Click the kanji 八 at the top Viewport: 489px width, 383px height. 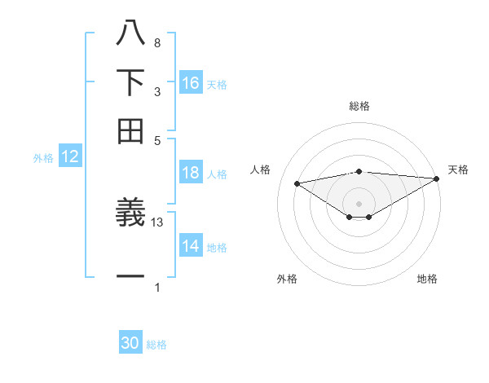point(130,35)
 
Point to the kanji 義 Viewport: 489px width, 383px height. point(130,214)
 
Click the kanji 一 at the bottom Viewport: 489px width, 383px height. point(130,277)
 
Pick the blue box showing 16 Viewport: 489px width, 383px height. point(191,83)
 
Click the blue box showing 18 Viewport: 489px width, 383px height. point(191,173)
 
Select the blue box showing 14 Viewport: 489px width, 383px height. point(191,247)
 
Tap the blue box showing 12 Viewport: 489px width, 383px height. point(70,157)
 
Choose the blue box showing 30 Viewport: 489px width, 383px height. point(130,344)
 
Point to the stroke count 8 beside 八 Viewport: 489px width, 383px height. point(156,42)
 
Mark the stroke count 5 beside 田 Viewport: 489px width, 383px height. point(156,139)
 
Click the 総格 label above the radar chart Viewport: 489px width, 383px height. point(359,106)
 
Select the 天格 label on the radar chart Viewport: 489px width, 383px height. point(458,169)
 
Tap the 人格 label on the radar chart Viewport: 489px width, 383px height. point(261,169)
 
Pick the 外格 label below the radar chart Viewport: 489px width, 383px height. point(287,279)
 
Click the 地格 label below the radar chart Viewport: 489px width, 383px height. point(427,279)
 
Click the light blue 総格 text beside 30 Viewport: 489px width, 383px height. point(156,345)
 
